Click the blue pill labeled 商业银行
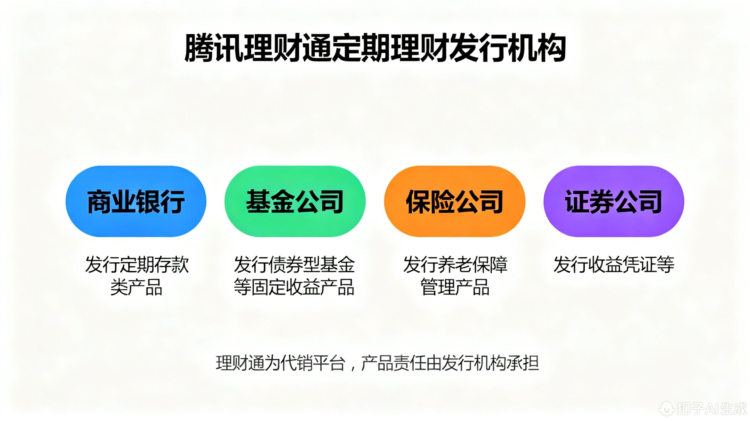pos(136,201)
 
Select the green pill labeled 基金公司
pos(295,201)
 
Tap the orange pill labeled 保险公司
pos(455,201)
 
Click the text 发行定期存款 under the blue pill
pos(137,264)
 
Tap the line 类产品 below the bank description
pos(136,287)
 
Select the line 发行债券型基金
pos(294,264)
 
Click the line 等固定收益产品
pos(294,287)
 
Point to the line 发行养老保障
pos(455,264)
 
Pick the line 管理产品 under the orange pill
pos(455,287)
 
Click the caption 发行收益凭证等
pos(614,264)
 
